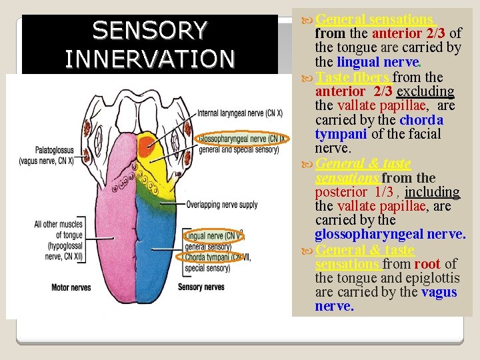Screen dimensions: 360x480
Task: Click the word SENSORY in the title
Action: click(x=150, y=30)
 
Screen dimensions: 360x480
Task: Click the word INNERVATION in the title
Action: click(x=150, y=58)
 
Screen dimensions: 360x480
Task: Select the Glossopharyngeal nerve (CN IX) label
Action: click(x=241, y=139)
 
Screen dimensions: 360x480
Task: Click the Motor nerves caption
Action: click(x=71, y=287)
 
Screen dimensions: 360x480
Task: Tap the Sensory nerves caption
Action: click(x=202, y=287)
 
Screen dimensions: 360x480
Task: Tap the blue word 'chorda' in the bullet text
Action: click(x=421, y=120)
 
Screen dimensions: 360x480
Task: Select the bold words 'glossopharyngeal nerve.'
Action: click(x=390, y=235)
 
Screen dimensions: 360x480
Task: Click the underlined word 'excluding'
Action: click(x=425, y=91)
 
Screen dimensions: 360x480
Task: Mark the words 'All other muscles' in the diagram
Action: click(x=58, y=225)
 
